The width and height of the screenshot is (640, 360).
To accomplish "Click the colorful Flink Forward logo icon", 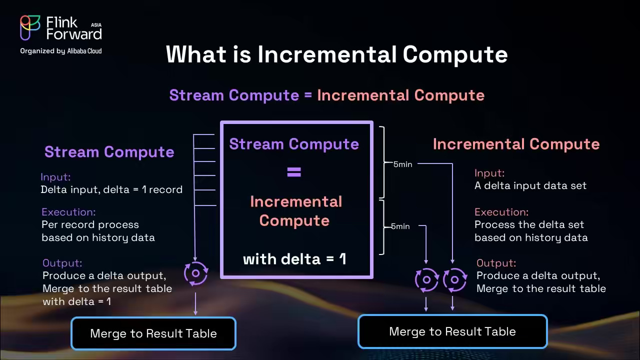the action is pyautogui.click(x=30, y=27).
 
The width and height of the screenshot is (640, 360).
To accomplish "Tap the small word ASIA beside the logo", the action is pyautogui.click(x=96, y=24).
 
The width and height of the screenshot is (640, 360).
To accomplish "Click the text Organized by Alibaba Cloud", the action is pyautogui.click(x=60, y=51).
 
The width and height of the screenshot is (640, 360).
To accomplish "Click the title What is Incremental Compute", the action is pyautogui.click(x=336, y=54).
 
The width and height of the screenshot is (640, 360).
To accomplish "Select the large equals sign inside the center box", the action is pyautogui.click(x=294, y=172).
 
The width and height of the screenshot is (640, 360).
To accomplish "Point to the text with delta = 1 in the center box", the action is pyautogui.click(x=294, y=259).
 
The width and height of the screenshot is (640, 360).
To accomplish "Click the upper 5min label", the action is pyautogui.click(x=402, y=164).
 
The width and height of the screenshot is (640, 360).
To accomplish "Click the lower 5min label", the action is pyautogui.click(x=400, y=226).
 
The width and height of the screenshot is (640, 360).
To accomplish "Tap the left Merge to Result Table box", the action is pyautogui.click(x=153, y=333).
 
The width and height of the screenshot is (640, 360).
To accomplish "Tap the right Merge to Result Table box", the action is pyautogui.click(x=452, y=331).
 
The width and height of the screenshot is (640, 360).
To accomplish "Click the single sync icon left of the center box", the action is pyautogui.click(x=195, y=273).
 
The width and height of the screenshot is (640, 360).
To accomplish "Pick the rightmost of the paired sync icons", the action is pyautogui.click(x=454, y=280).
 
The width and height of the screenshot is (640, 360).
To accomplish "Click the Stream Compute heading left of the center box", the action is pyautogui.click(x=109, y=152).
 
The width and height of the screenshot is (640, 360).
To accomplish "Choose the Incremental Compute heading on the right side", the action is pyautogui.click(x=516, y=144).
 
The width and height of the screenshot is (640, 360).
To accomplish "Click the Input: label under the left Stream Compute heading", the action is pyautogui.click(x=55, y=177).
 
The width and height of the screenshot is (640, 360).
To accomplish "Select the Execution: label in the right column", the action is pyautogui.click(x=501, y=212).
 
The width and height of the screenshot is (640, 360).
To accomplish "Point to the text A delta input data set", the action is pyautogui.click(x=530, y=185).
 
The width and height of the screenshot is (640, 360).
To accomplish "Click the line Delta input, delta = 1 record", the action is pyautogui.click(x=111, y=189).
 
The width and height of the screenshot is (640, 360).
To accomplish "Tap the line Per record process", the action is pyautogui.click(x=90, y=224).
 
